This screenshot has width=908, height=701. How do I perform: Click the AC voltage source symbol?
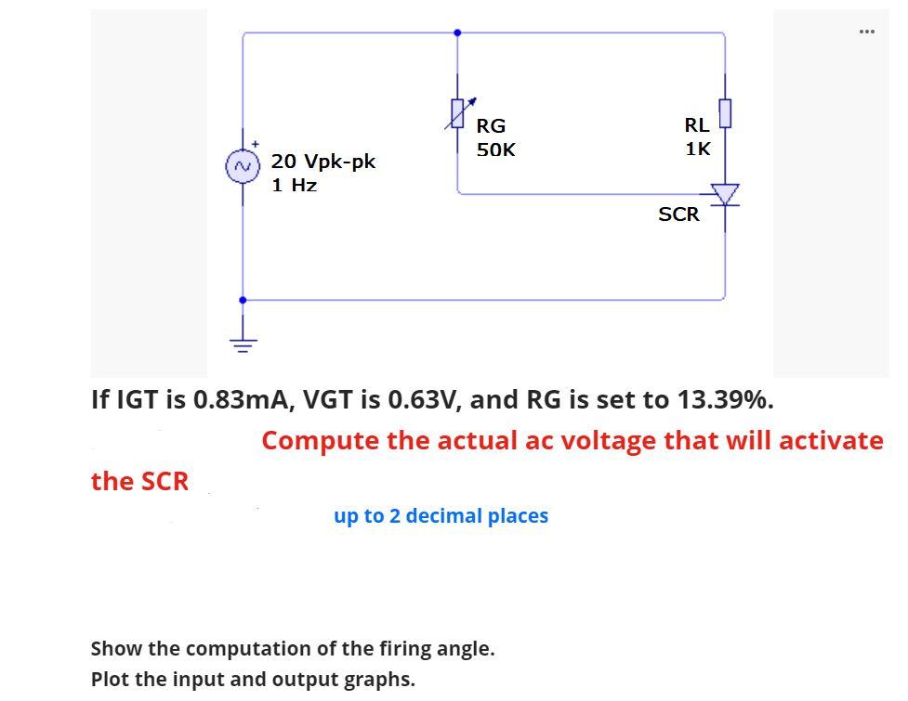click(243, 167)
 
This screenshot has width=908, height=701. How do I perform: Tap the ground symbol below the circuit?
click(243, 344)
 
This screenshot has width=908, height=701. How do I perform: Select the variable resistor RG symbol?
click(456, 113)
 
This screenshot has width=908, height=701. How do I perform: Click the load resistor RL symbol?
click(725, 113)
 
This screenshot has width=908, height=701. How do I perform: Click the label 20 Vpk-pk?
click(323, 162)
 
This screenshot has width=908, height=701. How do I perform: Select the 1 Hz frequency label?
click(295, 185)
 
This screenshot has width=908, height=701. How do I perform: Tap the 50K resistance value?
click(495, 149)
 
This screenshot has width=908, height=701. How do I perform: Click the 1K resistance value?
click(698, 149)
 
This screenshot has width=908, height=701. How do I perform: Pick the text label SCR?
click(678, 214)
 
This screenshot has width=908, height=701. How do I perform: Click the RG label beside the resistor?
click(491, 125)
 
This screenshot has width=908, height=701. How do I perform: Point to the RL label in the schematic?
click(696, 124)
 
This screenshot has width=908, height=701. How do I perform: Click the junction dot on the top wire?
click(456, 32)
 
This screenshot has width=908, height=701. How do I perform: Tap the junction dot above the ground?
click(243, 300)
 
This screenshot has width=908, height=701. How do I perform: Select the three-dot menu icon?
click(867, 32)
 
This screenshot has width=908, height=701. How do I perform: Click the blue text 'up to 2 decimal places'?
click(441, 516)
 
